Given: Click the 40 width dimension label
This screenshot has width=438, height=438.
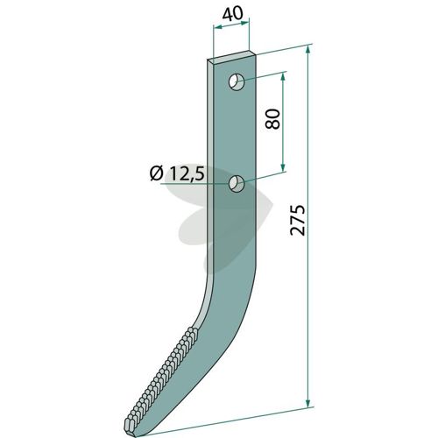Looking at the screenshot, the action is tap(232, 13).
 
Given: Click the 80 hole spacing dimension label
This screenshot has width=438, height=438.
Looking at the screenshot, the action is tap(273, 119).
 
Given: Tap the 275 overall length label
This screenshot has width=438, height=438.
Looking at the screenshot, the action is tap(298, 220).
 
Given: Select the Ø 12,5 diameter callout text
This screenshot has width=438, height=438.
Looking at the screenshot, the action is tap(177, 173).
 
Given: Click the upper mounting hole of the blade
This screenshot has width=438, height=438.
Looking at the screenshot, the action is tap(237, 82).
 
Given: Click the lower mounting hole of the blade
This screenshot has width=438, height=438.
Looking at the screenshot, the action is tap(237, 184).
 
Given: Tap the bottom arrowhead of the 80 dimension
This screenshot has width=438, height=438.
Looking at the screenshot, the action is tap(282, 167).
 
